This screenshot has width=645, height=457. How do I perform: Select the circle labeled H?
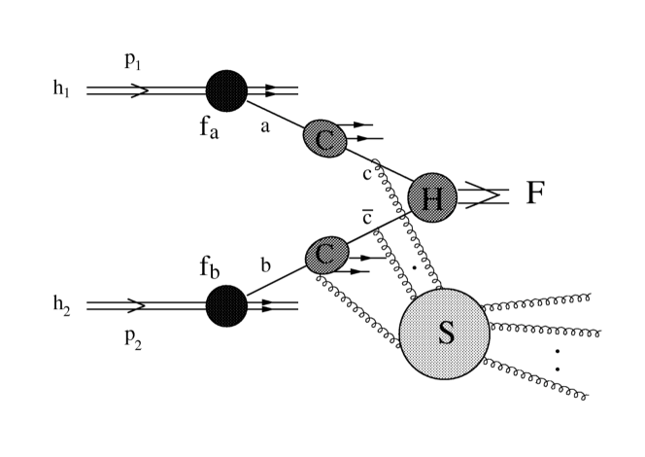(x=432, y=198)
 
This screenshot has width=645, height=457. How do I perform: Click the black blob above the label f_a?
(x=227, y=90)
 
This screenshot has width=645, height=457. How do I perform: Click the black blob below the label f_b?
(x=227, y=305)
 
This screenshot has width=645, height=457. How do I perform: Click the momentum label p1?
(x=133, y=60)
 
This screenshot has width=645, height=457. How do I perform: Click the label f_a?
(x=211, y=128)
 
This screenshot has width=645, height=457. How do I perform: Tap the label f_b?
(x=211, y=266)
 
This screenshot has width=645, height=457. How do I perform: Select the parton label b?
(x=264, y=264)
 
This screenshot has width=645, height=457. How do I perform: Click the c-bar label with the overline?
(x=367, y=217)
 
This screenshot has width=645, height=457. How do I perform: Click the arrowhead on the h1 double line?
(x=139, y=90)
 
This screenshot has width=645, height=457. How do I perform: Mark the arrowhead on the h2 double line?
(x=139, y=305)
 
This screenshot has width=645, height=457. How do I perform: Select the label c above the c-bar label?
(x=366, y=174)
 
